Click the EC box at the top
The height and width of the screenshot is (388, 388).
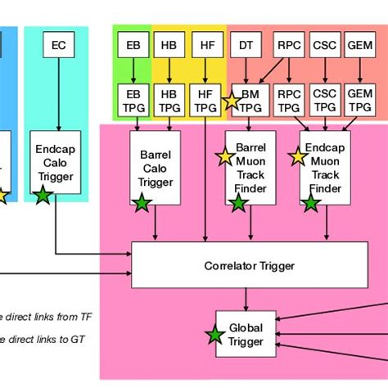(58, 45)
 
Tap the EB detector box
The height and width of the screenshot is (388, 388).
(133, 45)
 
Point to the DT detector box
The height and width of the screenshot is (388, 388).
(246, 45)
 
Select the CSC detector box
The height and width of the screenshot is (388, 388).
(324, 45)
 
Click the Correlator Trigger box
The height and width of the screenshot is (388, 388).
(249, 264)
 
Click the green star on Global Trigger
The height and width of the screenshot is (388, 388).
(215, 335)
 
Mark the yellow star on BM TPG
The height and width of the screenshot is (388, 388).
(231, 102)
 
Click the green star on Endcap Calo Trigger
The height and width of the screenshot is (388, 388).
(42, 196)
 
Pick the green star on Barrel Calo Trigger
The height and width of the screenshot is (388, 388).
(142, 204)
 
